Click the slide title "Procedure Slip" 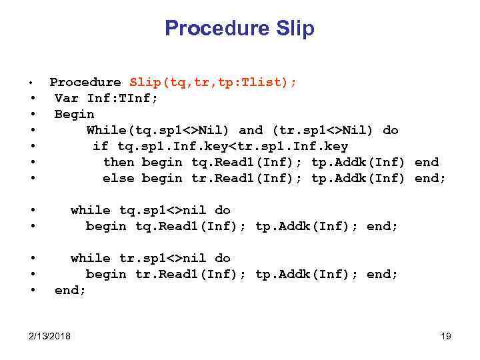239,29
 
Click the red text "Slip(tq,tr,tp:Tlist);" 213,82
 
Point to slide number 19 446,336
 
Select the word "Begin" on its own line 74,114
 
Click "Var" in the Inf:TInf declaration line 67,98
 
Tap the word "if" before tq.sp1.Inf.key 100,146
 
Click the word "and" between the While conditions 251,130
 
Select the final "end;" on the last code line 70,290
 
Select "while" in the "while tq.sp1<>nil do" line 90,210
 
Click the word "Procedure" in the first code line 85,82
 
